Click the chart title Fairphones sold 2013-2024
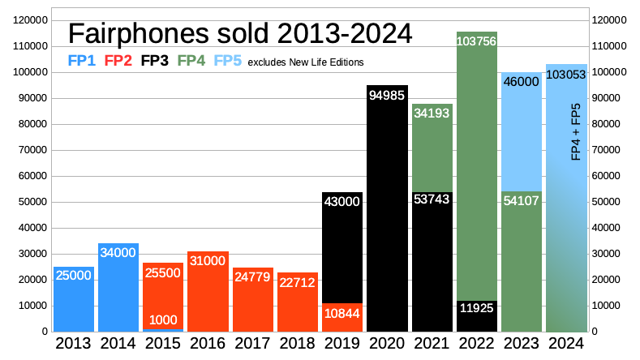[x=240, y=33]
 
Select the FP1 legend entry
[x=81, y=61]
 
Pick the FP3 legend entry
[x=154, y=61]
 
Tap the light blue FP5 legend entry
[x=227, y=61]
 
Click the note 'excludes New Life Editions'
[x=305, y=62]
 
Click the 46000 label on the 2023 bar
[x=521, y=82]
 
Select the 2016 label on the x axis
[x=208, y=344]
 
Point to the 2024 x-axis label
[x=565, y=344]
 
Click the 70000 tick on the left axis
[x=32, y=150]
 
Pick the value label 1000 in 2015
[x=163, y=320]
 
